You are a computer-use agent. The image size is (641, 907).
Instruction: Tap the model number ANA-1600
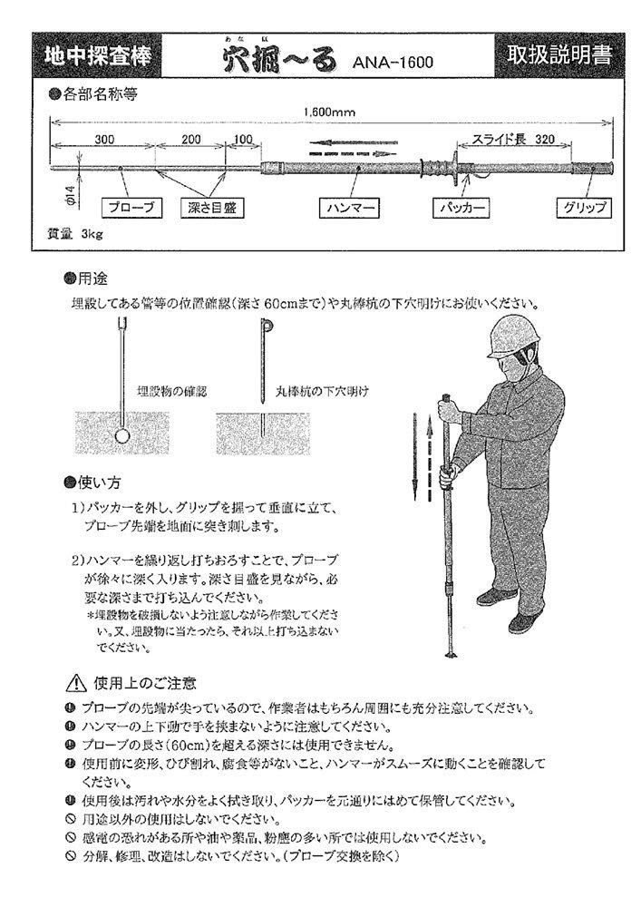click(x=392, y=63)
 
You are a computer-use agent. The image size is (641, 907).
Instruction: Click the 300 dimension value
click(x=103, y=139)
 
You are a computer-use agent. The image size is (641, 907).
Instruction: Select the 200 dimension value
click(x=191, y=139)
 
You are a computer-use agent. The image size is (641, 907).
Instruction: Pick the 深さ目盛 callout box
click(x=206, y=208)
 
